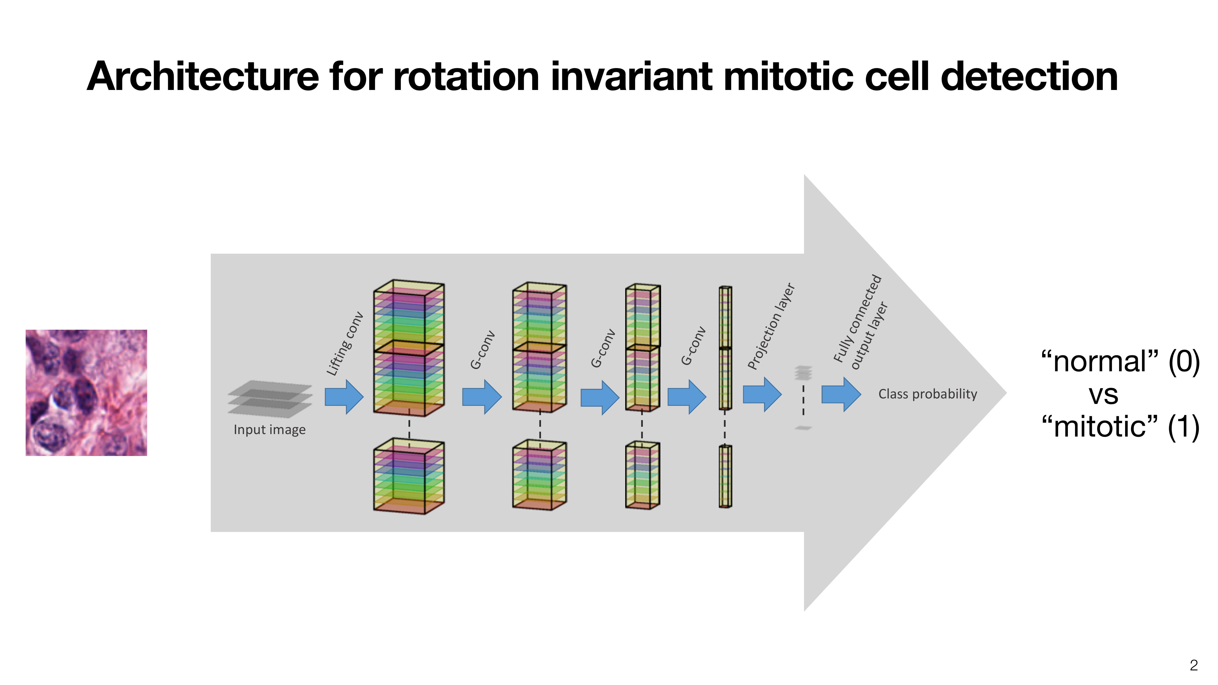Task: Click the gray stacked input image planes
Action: (x=270, y=399)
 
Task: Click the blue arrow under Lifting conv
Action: (x=344, y=397)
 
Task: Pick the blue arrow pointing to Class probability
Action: (x=841, y=394)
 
